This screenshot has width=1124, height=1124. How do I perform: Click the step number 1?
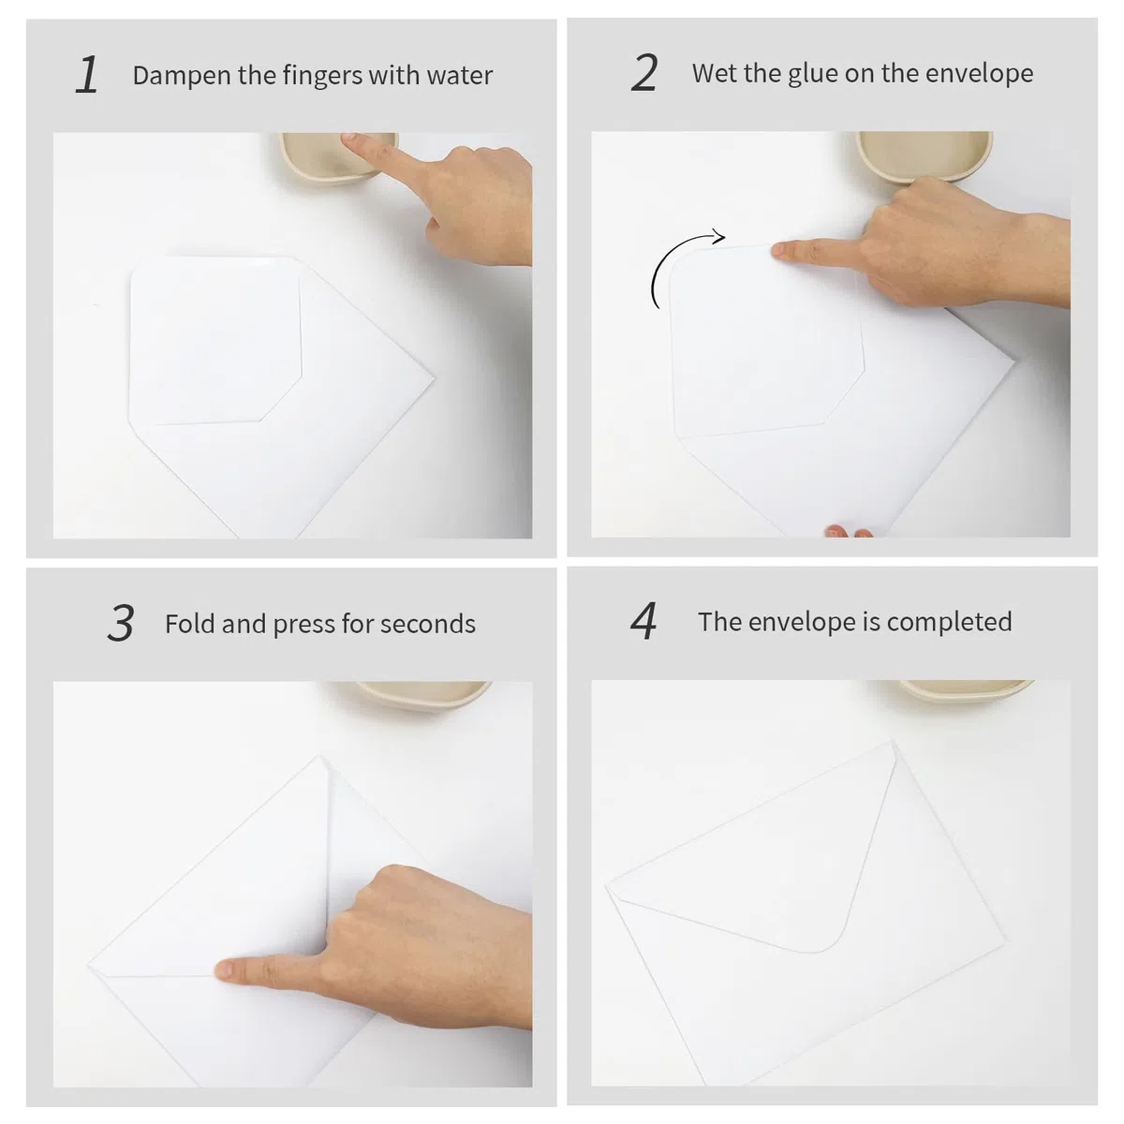click(87, 74)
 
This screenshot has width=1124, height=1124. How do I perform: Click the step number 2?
click(643, 73)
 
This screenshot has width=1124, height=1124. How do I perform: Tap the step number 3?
click(121, 623)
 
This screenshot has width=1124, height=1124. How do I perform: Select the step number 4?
click(643, 621)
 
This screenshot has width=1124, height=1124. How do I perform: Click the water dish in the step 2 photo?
click(924, 155)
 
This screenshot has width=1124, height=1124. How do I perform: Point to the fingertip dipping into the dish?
click(351, 139)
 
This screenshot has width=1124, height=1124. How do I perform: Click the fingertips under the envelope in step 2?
click(849, 531)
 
